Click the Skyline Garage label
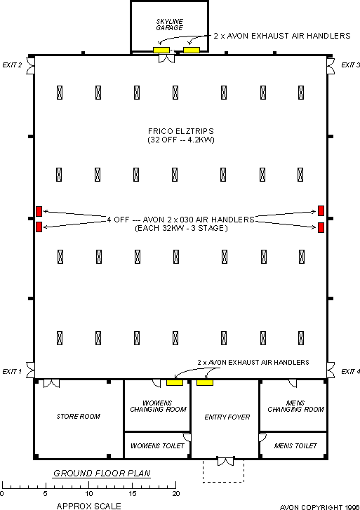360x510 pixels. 169,25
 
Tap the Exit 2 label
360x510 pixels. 12,65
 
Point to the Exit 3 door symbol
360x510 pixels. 331,66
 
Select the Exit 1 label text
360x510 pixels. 12,371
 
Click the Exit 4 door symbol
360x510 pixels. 331,370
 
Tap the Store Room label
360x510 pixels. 79,416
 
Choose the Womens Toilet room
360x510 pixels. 157,445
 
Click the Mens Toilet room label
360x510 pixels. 295,445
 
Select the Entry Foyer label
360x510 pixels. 227,417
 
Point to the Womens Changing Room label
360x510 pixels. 158,406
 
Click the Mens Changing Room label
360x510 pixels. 296,406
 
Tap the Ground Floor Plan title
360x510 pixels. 102,474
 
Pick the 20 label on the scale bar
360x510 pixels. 176,493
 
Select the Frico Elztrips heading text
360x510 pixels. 181,131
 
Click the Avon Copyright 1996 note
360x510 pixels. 319,507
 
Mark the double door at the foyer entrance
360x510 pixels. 225,462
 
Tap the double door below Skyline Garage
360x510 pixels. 166,58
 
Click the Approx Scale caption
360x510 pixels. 89,506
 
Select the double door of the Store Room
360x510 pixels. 52,384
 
